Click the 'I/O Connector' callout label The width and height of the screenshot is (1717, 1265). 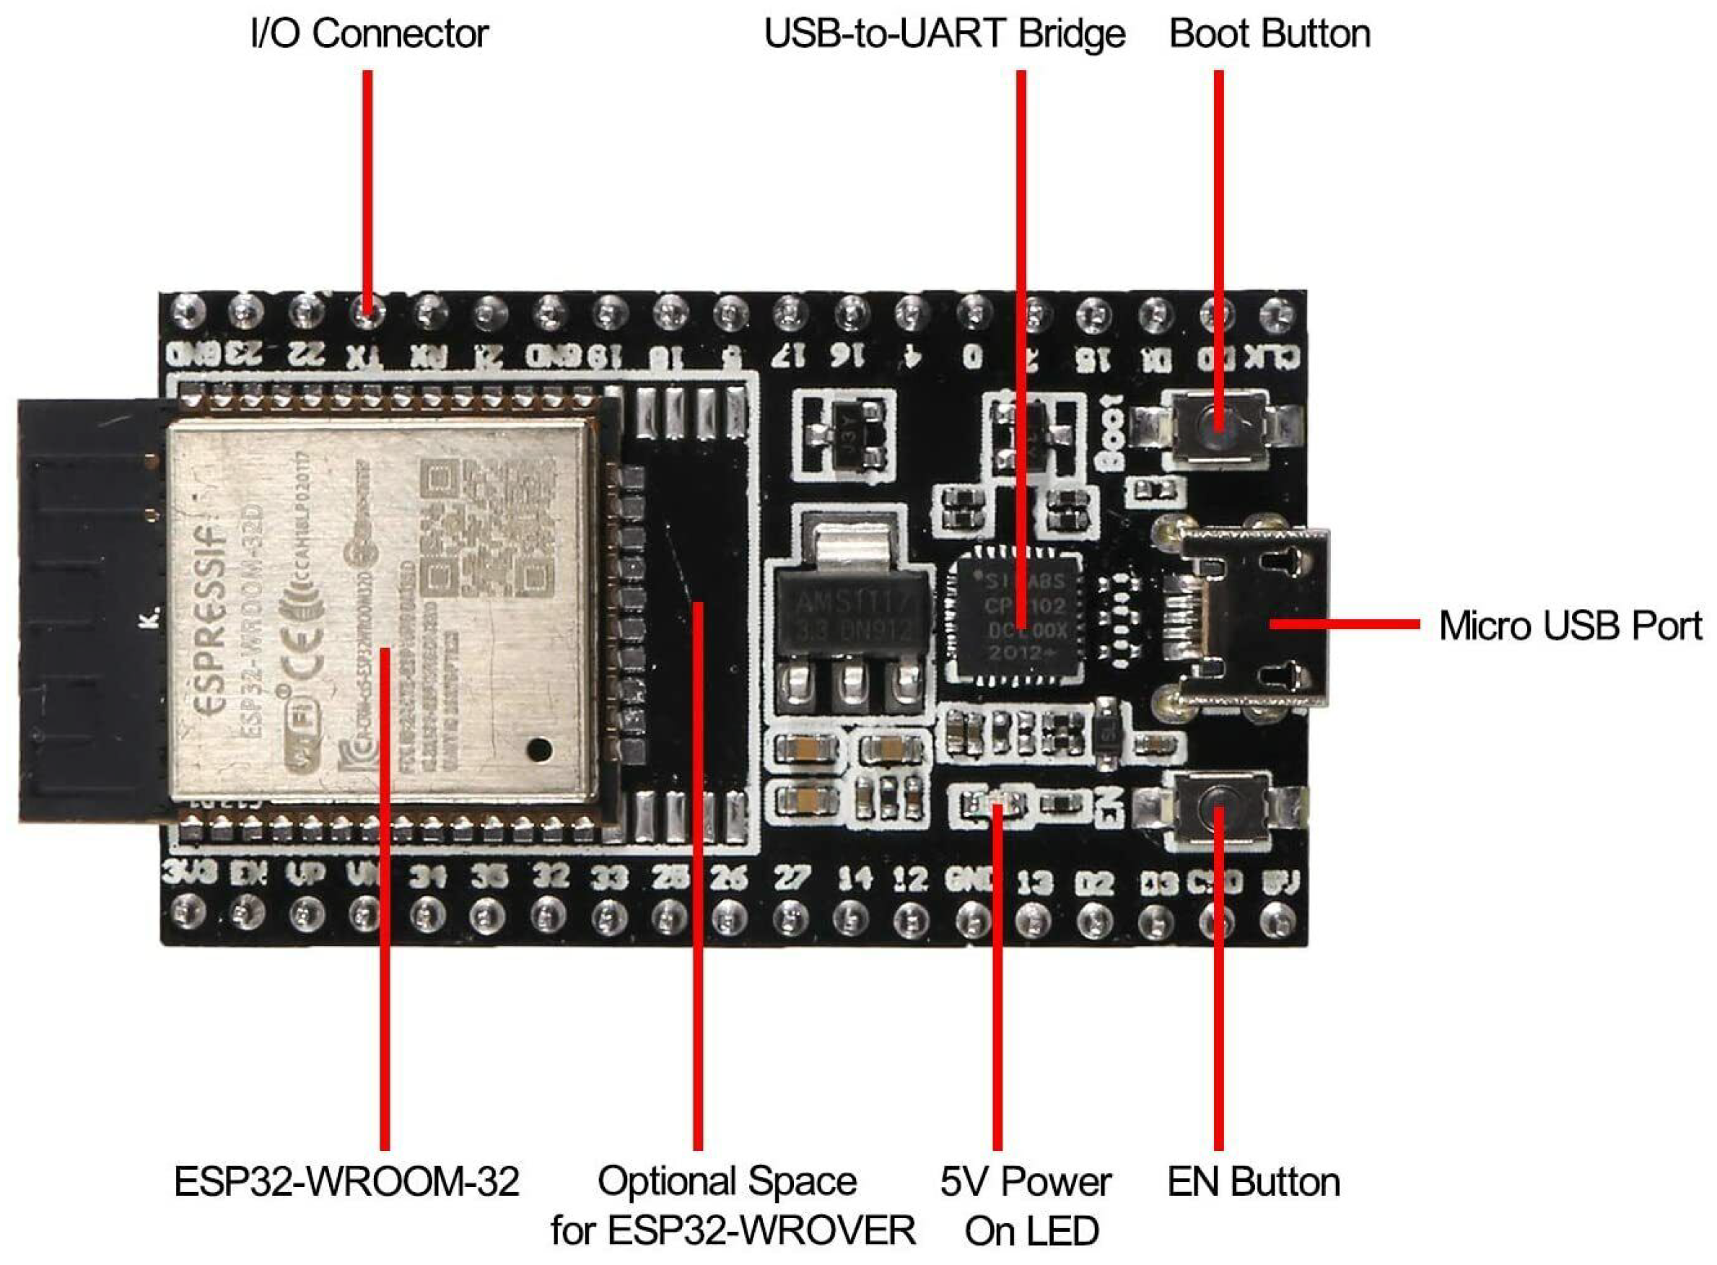tap(369, 35)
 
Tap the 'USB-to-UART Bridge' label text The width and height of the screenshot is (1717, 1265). tap(944, 35)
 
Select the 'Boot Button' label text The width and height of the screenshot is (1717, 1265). tap(1269, 35)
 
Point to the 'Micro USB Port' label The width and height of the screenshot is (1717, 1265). tap(1570, 626)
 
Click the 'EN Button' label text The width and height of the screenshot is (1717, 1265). tap(1253, 1181)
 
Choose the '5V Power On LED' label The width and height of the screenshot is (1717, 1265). tap(1026, 1206)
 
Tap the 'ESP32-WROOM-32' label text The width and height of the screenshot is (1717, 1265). tap(346, 1181)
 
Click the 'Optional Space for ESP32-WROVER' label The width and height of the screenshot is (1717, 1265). tap(733, 1206)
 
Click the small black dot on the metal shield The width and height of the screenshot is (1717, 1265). tap(539, 748)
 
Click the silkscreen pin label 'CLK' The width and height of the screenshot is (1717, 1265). tap(1272, 355)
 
